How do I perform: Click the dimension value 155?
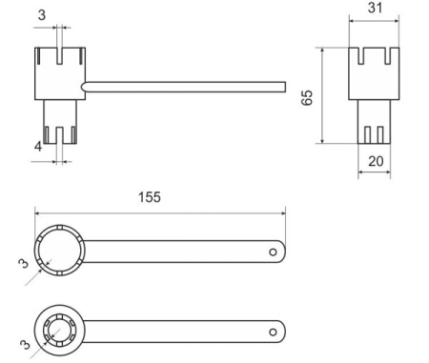(x=149, y=197)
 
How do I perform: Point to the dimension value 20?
(x=376, y=161)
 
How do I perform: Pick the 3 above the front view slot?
(x=42, y=15)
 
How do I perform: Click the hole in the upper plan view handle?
(x=273, y=252)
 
